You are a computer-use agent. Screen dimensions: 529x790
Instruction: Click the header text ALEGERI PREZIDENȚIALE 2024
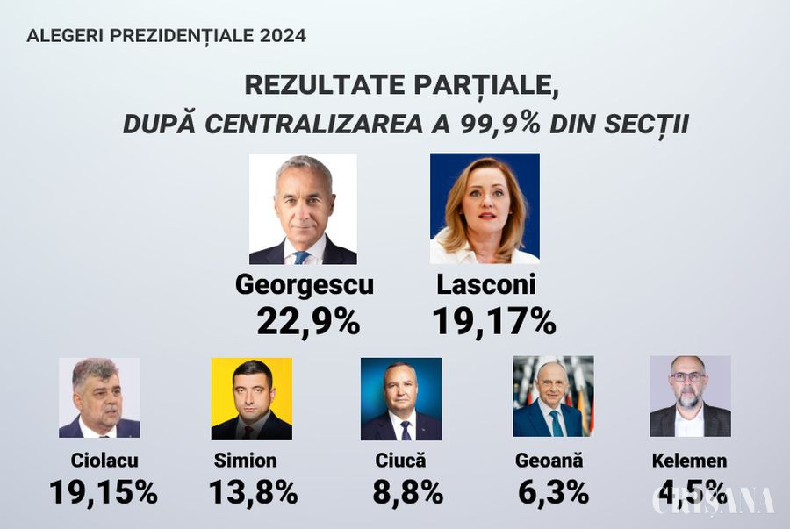click(x=166, y=36)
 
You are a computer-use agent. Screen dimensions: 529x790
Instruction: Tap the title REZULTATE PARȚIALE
click(x=401, y=86)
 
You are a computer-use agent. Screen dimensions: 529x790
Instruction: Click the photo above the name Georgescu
click(x=303, y=209)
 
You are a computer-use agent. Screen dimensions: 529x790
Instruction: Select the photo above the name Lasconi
click(x=485, y=209)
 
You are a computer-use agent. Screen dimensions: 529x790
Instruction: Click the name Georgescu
click(x=305, y=285)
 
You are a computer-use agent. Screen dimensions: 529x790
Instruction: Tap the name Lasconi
click(x=485, y=285)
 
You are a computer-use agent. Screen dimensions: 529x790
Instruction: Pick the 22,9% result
click(x=308, y=322)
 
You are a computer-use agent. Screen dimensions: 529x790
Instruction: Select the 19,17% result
click(x=493, y=322)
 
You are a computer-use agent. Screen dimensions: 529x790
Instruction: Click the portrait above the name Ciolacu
click(x=99, y=397)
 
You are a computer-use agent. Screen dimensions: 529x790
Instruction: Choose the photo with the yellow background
click(x=251, y=397)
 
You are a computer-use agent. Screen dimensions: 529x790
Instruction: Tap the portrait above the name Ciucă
click(x=400, y=397)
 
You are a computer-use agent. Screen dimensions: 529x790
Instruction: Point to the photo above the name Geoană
click(x=553, y=397)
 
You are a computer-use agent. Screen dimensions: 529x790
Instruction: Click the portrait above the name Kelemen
click(x=690, y=397)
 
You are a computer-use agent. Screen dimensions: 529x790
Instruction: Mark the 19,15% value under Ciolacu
click(x=104, y=492)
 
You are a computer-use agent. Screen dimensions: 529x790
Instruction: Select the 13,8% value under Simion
click(x=253, y=492)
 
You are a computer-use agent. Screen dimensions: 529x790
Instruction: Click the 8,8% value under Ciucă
click(x=407, y=492)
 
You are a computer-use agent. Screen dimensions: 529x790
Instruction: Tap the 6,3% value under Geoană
click(x=553, y=492)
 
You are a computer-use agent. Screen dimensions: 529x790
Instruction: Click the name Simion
click(x=245, y=461)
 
